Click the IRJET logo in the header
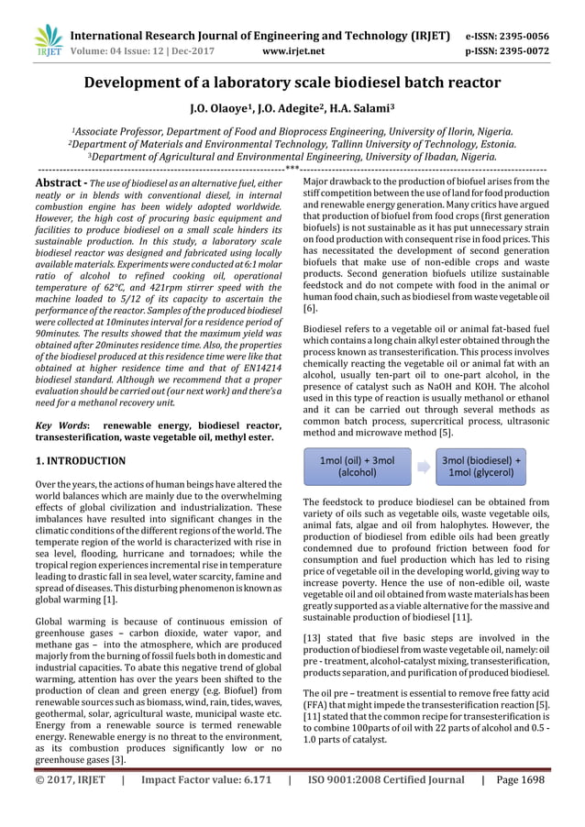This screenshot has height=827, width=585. click(47, 39)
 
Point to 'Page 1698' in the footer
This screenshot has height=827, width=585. click(519, 780)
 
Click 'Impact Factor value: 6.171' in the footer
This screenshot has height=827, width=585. click(193, 780)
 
